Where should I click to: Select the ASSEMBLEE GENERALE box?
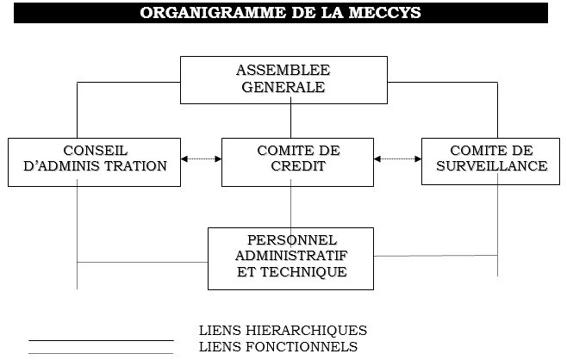coord(283,79)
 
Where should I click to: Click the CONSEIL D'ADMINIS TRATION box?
coord(94,161)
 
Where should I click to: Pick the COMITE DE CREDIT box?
coord(298,161)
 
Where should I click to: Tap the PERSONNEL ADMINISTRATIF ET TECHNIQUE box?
coord(290,258)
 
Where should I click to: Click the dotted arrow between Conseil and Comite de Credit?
coord(201,158)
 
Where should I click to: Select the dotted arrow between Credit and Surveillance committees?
coord(397,158)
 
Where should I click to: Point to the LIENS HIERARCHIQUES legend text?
coord(283,331)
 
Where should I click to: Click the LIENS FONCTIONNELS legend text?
coord(277,347)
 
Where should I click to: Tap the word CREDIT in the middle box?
coord(298,166)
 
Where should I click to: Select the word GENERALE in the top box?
coord(283,87)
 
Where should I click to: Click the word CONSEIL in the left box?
coord(95,151)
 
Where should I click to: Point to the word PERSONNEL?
coord(291,240)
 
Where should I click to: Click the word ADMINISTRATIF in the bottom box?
coord(291,257)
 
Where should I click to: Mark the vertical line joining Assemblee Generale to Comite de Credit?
coord(290,120)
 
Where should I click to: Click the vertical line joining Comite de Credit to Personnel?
coord(290,207)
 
